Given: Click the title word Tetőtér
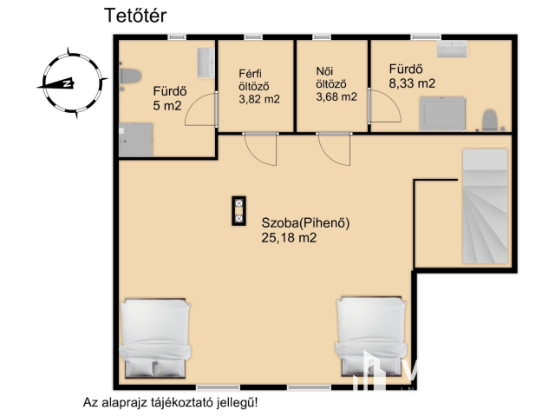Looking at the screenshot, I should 134,16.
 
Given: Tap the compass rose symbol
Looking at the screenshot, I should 65,83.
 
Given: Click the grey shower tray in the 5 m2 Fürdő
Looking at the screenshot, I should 136,140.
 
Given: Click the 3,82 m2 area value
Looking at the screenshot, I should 259,99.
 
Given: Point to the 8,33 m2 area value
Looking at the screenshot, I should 412,83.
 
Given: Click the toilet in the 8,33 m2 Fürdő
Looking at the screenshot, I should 489,120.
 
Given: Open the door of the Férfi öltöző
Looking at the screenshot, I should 261,149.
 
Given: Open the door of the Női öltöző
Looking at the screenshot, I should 334,149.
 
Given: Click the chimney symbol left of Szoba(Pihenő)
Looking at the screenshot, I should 238,211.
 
